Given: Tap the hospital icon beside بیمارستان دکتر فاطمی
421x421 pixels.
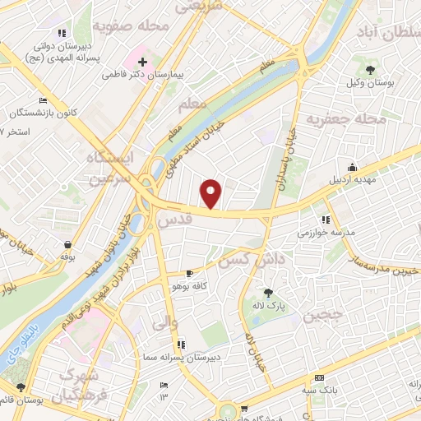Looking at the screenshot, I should coord(142,62).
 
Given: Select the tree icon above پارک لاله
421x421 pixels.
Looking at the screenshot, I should coord(267,292).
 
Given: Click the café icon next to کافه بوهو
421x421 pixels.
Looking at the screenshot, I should coord(190,274).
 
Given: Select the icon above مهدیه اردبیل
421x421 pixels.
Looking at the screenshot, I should coord(352,168).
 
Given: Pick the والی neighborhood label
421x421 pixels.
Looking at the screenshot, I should coord(165,323).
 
